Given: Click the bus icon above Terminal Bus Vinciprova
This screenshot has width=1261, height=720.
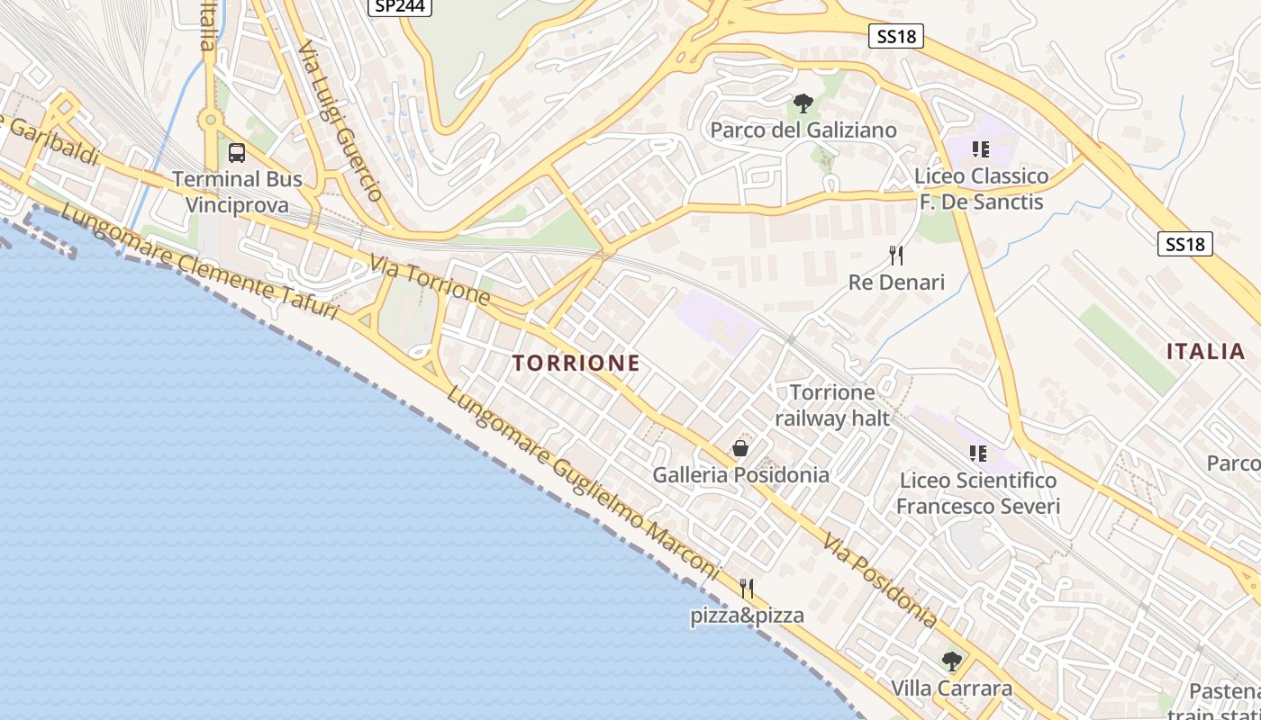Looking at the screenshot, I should [237, 153].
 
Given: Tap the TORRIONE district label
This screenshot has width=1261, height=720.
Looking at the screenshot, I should [576, 363].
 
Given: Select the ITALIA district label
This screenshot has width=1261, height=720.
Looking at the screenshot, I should [1206, 351].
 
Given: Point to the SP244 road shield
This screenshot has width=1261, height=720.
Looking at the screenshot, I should [400, 5].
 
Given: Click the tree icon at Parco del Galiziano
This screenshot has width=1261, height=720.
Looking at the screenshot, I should [803, 103].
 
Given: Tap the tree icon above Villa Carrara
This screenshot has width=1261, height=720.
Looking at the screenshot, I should [951, 662].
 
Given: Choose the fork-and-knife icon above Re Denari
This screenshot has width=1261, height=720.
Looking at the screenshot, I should [896, 256].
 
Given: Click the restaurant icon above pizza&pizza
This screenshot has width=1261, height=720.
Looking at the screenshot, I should [747, 589].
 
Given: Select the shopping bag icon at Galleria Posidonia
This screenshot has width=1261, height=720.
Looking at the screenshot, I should [740, 448].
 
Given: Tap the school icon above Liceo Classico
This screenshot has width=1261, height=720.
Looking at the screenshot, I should [981, 148].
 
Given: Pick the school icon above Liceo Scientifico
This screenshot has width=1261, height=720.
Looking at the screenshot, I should [978, 453].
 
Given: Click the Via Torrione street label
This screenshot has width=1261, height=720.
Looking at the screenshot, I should [431, 279].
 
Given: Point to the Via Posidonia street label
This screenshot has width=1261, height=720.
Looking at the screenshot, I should [880, 580].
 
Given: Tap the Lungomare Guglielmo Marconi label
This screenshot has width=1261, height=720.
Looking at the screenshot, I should [584, 484].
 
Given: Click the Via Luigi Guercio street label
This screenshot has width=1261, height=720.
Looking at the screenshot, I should [341, 121].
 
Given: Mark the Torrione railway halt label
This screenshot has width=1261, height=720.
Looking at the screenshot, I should [832, 405].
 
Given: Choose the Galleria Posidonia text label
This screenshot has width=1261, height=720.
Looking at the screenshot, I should [740, 474].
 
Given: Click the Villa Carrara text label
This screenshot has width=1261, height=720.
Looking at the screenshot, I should [951, 688].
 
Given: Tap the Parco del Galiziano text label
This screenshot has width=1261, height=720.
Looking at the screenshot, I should [803, 130].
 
